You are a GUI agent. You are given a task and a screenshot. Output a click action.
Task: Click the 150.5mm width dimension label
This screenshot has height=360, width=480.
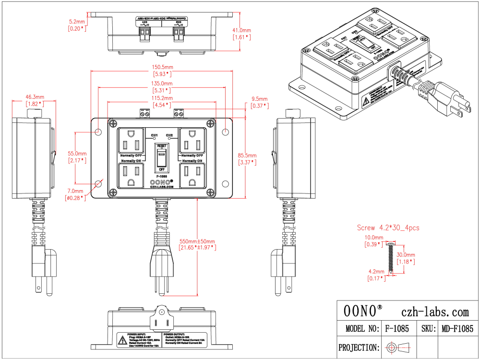point(162,68)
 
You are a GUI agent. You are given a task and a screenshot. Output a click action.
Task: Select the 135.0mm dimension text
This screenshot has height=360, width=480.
point(162,84)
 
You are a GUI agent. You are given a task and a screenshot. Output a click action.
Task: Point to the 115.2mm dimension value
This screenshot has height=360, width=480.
point(162,98)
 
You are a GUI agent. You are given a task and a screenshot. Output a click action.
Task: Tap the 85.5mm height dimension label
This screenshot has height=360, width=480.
point(247,156)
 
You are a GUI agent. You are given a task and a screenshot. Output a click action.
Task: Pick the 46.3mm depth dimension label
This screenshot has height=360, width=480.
point(35,97)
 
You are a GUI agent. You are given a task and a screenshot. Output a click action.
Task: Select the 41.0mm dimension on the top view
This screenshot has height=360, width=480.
point(241,30)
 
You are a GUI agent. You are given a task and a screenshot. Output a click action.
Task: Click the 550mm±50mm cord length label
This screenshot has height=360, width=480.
point(197,241)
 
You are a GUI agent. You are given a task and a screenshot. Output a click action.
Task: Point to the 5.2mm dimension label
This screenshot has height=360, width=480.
point(77,22)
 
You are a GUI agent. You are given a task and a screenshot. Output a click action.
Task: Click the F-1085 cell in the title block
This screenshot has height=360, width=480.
point(396,329)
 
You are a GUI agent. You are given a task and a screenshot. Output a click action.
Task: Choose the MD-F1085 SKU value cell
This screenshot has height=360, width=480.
point(456,329)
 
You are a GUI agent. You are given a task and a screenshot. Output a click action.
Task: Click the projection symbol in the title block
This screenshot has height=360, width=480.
point(398,347)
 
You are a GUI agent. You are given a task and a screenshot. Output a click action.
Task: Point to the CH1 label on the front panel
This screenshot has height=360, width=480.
point(155,135)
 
